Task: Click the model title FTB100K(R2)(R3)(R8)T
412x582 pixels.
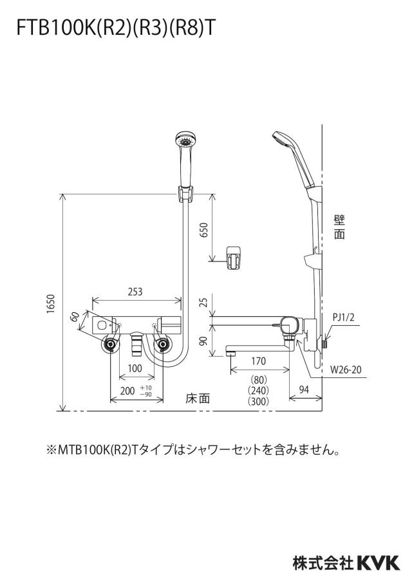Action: [115, 28]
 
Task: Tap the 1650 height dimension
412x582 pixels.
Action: [51, 304]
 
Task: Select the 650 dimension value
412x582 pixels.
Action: [204, 230]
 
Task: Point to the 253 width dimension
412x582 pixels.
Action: [135, 292]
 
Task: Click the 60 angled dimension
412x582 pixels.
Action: [75, 317]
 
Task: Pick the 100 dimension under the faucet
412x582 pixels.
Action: [135, 368]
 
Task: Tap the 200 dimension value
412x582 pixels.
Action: [127, 391]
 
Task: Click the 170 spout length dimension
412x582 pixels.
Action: [258, 361]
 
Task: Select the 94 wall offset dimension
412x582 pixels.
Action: [304, 390]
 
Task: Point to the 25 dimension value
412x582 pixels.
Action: [204, 302]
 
